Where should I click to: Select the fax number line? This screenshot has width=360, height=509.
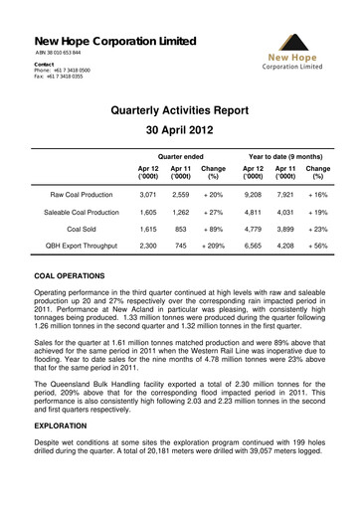coord(62,78)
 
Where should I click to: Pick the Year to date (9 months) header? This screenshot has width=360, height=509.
coord(282,158)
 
